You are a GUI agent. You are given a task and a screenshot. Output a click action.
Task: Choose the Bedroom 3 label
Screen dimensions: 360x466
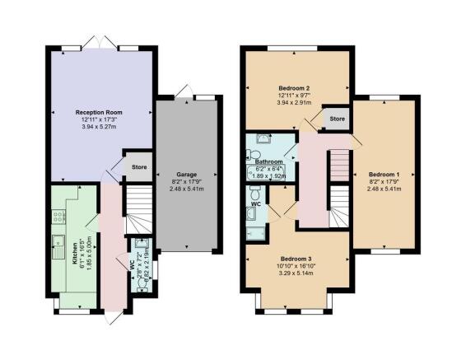tap(294, 258)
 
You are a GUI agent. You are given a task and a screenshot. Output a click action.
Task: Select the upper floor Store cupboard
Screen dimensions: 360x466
tap(336, 118)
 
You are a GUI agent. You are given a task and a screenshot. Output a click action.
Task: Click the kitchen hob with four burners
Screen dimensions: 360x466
tap(60, 217)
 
